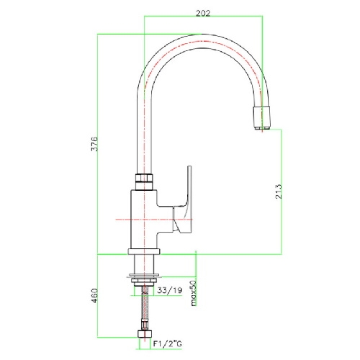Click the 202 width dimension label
click(x=203, y=13)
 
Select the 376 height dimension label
click(x=95, y=144)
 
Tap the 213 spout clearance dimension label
click(x=279, y=192)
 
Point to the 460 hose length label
click(x=95, y=295)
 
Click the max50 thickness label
click(x=194, y=293)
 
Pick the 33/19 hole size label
click(x=170, y=290)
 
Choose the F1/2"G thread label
click(x=168, y=343)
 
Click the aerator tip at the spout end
click(x=262, y=117)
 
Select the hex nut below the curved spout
click(x=144, y=181)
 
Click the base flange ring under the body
click(x=144, y=251)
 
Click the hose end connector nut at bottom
click(x=145, y=334)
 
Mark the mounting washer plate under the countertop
click(x=143, y=276)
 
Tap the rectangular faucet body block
click(x=144, y=220)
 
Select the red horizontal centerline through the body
click(x=154, y=220)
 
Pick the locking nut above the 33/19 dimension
click(x=144, y=282)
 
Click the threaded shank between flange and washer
click(x=143, y=264)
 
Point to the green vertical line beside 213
click(x=282, y=192)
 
